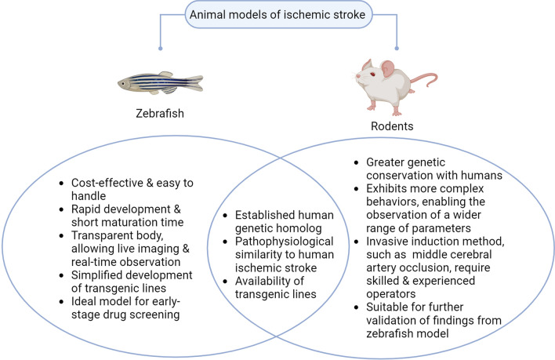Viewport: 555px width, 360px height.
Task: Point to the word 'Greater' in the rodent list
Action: [379, 163]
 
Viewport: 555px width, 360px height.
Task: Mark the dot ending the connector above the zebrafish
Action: [161, 48]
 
